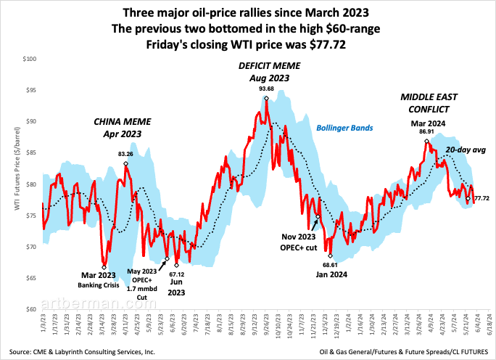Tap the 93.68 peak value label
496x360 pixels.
[266, 89]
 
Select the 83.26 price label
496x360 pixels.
[125, 154]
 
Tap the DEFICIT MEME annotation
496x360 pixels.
[267, 71]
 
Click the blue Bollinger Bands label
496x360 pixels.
[344, 128]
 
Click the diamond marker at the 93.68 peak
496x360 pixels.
[266, 98]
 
